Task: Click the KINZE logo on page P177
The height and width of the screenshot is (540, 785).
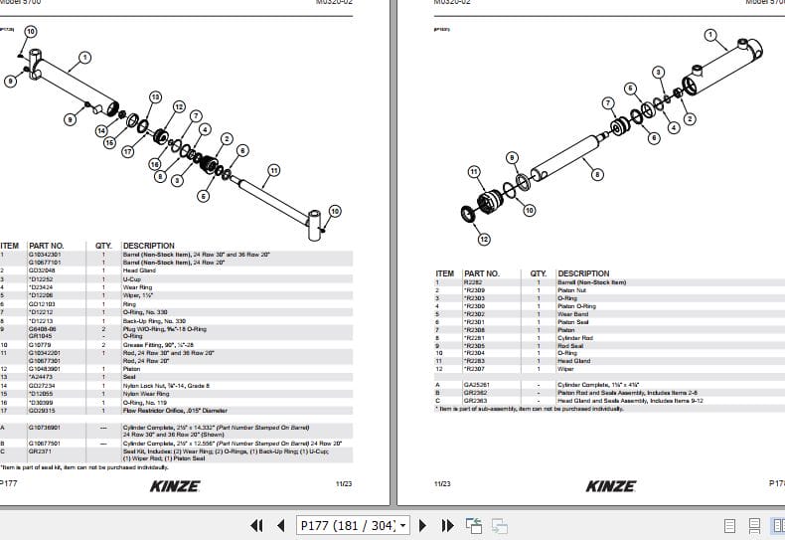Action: (x=175, y=486)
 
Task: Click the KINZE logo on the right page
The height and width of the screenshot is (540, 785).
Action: (x=610, y=486)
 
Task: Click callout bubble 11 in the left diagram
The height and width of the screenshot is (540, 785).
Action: (x=273, y=170)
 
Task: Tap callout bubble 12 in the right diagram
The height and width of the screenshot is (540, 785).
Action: (x=484, y=239)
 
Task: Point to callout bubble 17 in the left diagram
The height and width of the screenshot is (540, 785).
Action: (x=127, y=152)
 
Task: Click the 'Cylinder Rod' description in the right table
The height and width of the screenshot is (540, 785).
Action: (x=575, y=338)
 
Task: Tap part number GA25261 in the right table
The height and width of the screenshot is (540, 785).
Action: (x=477, y=384)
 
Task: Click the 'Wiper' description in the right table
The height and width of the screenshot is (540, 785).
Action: (x=565, y=369)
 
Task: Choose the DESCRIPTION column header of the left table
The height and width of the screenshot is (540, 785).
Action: (x=148, y=246)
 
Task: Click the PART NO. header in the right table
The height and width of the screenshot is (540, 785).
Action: (x=482, y=273)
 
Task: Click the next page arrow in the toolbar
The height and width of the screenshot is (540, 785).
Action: (x=421, y=525)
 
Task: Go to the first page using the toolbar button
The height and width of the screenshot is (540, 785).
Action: (x=255, y=525)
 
